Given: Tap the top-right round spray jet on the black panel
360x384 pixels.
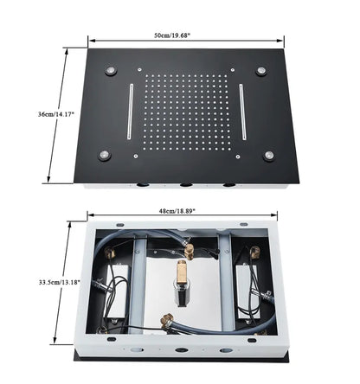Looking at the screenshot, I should [260, 70].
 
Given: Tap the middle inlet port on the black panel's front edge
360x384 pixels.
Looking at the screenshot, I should [184, 185].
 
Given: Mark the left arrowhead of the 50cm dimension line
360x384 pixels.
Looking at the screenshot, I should [90, 39].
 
